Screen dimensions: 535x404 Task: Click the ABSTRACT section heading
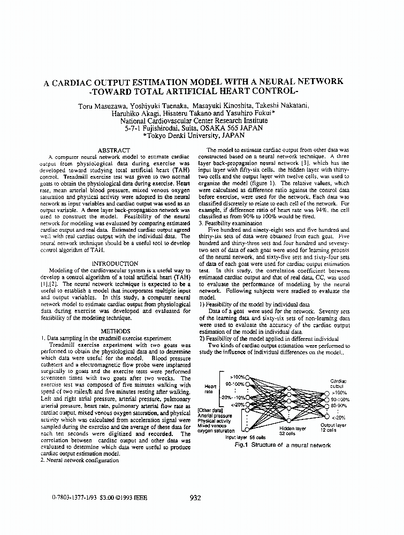115,150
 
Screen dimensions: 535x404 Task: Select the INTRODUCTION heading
115,264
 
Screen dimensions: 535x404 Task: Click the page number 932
195,498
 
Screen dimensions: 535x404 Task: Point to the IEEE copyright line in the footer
95,498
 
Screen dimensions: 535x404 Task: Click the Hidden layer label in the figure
293,429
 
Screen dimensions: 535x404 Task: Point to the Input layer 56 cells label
246,437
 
